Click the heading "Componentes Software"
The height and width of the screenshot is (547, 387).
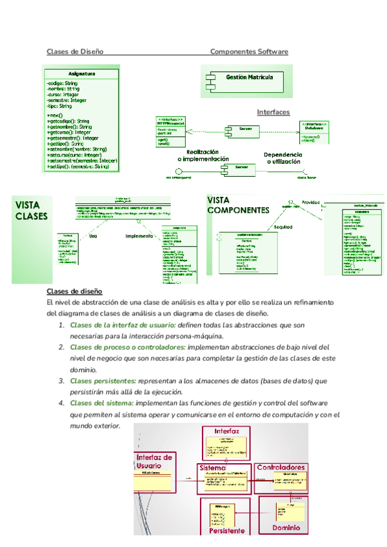click(x=249, y=52)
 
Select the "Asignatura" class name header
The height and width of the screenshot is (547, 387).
click(x=82, y=74)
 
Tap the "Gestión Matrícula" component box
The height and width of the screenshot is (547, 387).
click(x=249, y=77)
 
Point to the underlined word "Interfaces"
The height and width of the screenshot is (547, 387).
click(x=273, y=112)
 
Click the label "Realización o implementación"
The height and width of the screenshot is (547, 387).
click(x=203, y=155)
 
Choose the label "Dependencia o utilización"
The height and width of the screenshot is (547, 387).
click(x=283, y=159)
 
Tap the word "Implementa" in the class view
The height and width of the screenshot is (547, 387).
click(x=138, y=236)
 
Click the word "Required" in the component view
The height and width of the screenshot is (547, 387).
click(x=284, y=227)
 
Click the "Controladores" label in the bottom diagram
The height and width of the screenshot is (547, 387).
click(x=281, y=466)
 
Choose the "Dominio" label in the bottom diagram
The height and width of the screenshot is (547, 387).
click(x=286, y=527)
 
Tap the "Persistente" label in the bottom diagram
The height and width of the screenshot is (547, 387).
click(x=226, y=530)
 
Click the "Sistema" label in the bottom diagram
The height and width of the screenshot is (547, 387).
click(x=212, y=467)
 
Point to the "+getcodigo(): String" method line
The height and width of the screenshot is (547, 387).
click(x=69, y=121)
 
